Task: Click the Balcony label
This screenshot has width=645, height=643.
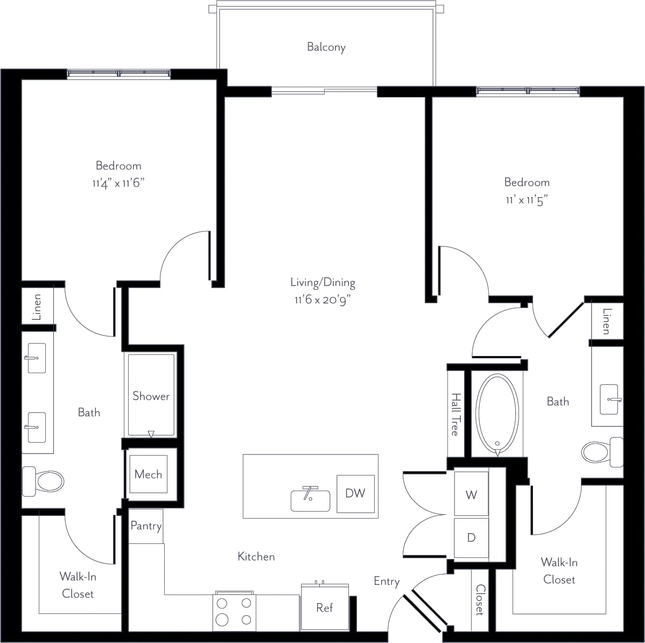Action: click(x=326, y=47)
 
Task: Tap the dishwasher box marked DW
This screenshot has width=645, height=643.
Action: click(x=355, y=493)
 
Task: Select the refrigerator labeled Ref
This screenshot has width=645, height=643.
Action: click(x=324, y=607)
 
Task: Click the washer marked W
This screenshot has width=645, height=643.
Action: click(x=471, y=494)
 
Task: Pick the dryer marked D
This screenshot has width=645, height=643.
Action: click(x=471, y=537)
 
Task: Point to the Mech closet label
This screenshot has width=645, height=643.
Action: click(x=148, y=474)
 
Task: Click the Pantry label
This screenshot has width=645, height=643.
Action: click(x=146, y=526)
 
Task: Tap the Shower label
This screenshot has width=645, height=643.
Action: click(x=151, y=396)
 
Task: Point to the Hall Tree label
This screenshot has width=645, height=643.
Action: click(x=455, y=414)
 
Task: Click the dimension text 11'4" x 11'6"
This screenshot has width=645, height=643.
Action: click(x=118, y=184)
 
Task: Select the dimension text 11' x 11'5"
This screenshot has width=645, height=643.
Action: click(x=527, y=200)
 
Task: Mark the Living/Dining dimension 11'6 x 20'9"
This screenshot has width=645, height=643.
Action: click(x=322, y=300)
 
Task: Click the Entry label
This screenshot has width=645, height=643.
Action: click(x=387, y=581)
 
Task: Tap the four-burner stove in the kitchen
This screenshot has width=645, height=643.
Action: click(x=234, y=611)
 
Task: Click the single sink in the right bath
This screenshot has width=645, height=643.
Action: click(x=609, y=399)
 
